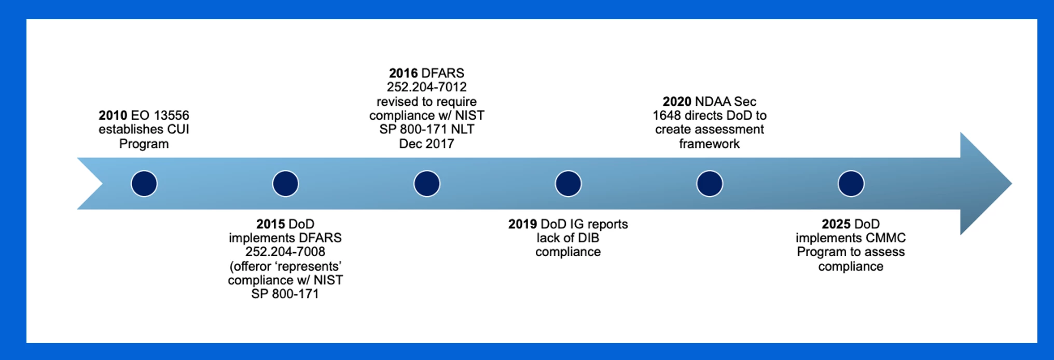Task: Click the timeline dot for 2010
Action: click(x=144, y=184)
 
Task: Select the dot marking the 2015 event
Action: click(x=285, y=184)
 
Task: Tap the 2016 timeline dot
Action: click(x=427, y=184)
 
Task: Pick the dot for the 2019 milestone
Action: click(x=568, y=184)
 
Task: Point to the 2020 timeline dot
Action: click(x=710, y=184)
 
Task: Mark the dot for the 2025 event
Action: click(x=851, y=184)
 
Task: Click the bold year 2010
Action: click(x=113, y=115)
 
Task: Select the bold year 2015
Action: click(x=270, y=224)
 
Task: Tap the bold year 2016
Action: click(x=403, y=73)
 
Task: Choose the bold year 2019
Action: click(x=522, y=224)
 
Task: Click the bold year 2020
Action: click(x=677, y=101)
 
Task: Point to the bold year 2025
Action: click(x=836, y=224)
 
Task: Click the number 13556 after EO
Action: click(x=172, y=115)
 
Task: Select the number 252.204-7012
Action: click(x=427, y=87)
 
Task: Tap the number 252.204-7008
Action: click(x=285, y=252)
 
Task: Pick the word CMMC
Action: click(x=889, y=238)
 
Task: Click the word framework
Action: click(x=710, y=144)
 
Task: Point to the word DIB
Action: click(x=588, y=238)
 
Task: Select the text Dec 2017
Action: click(x=426, y=144)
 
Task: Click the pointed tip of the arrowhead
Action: click(x=1011, y=184)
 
